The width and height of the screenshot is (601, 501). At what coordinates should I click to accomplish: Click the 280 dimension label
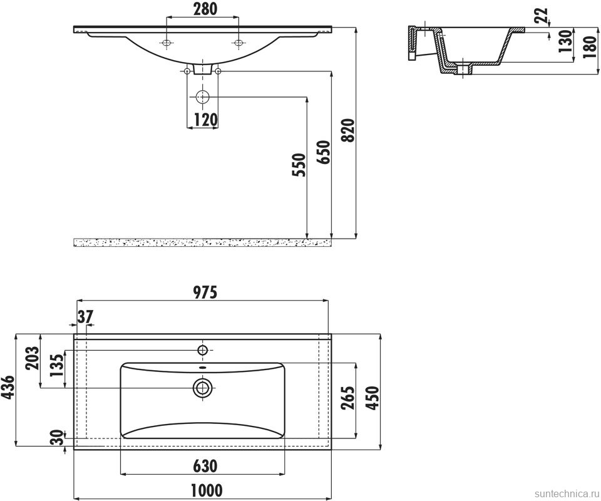(x=205, y=9)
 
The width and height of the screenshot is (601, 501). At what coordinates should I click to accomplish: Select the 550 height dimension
(x=299, y=165)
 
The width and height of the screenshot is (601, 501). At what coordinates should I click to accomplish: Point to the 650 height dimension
(x=323, y=152)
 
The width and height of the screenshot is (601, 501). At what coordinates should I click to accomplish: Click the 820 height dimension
(x=349, y=130)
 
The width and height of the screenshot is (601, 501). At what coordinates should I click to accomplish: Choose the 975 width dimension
(x=205, y=292)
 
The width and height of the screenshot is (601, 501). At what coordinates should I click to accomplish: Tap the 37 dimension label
(x=85, y=316)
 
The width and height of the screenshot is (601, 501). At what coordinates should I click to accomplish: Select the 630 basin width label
(x=205, y=466)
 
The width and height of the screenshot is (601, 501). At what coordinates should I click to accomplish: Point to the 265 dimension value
(x=349, y=398)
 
